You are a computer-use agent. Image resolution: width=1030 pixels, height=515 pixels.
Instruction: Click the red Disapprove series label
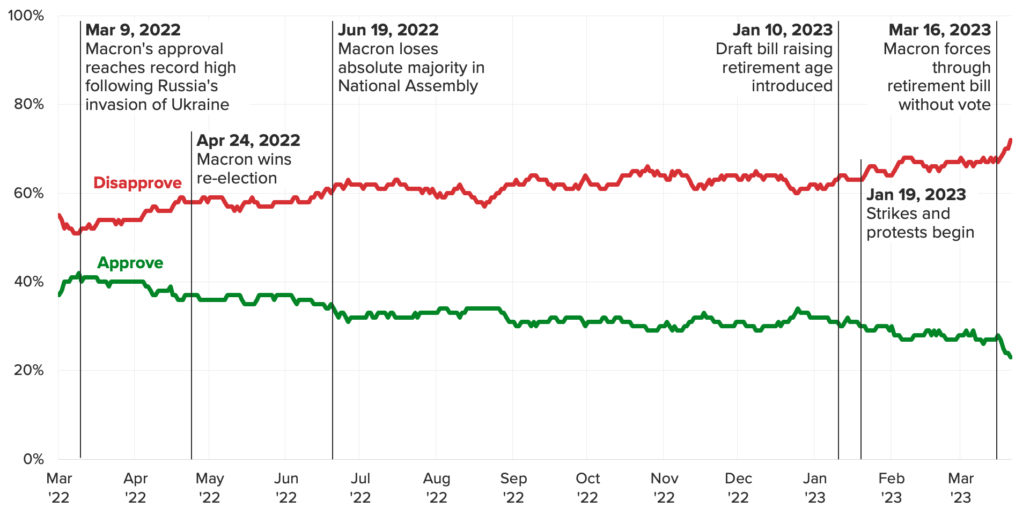pos(137,183)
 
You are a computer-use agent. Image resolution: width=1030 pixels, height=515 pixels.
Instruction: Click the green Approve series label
pos(130,263)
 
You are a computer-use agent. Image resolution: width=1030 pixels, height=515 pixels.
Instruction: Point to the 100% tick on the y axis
pos(26,16)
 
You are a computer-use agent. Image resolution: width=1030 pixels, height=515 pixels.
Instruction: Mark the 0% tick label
pos(33,459)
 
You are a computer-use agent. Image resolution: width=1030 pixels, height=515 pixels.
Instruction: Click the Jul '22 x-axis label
pos(360,488)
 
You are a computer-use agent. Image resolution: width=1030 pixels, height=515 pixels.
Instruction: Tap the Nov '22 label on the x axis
pos(664,488)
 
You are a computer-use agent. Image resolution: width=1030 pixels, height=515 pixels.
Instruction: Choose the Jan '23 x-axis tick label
pos(815,488)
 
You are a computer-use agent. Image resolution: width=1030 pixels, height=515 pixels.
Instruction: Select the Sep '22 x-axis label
pos(513,488)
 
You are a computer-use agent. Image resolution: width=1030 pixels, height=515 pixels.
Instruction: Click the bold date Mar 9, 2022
pos(133,30)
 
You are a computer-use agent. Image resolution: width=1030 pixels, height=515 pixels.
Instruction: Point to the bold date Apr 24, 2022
pos(248,141)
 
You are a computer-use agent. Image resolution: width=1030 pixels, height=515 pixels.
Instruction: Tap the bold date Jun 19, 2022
pos(388,30)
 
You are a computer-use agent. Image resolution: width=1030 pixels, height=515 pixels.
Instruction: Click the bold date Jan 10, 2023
pos(783,30)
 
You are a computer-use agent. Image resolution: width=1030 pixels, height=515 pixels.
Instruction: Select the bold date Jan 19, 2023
pos(916,195)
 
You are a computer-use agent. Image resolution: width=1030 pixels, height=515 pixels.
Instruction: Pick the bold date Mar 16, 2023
pos(940,30)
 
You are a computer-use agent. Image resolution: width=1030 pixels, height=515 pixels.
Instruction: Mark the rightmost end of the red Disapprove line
pos(1011,141)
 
